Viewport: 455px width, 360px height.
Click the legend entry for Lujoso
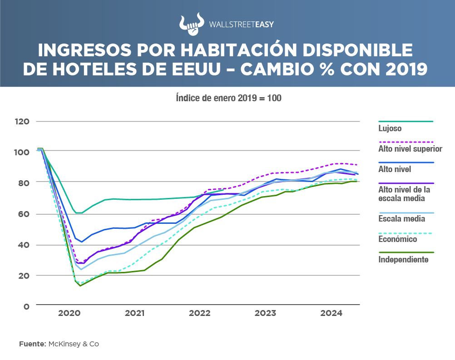(x=390, y=128)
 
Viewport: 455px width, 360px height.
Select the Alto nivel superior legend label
(x=410, y=148)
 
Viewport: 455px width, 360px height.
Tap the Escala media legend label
(x=401, y=219)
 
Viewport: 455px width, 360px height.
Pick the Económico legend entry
(x=397, y=239)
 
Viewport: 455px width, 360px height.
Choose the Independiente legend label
(x=403, y=259)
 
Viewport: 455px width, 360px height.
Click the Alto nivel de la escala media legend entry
(x=404, y=194)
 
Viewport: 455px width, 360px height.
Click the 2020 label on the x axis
(x=69, y=313)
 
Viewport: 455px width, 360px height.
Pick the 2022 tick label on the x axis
(x=199, y=313)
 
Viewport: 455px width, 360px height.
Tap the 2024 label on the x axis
(x=331, y=313)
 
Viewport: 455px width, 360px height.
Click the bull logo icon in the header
(x=189, y=25)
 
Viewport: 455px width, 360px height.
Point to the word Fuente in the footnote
(x=32, y=344)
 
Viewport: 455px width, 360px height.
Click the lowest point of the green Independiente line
(x=80, y=286)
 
